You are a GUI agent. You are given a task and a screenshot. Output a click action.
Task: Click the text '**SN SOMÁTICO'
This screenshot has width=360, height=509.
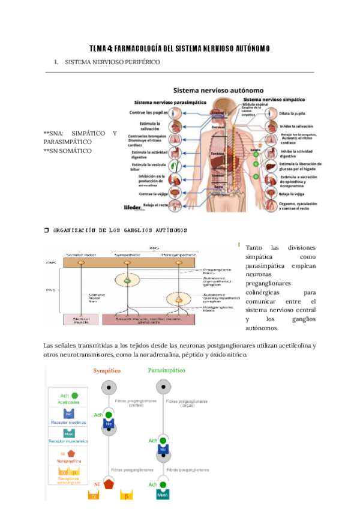click(68, 151)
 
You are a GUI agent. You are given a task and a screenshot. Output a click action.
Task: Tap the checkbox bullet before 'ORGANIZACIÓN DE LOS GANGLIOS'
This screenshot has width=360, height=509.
click(47, 230)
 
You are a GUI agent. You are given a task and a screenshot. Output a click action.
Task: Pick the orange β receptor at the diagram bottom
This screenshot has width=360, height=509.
click(127, 496)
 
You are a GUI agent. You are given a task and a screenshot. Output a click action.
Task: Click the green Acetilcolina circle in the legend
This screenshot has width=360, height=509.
click(74, 396)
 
